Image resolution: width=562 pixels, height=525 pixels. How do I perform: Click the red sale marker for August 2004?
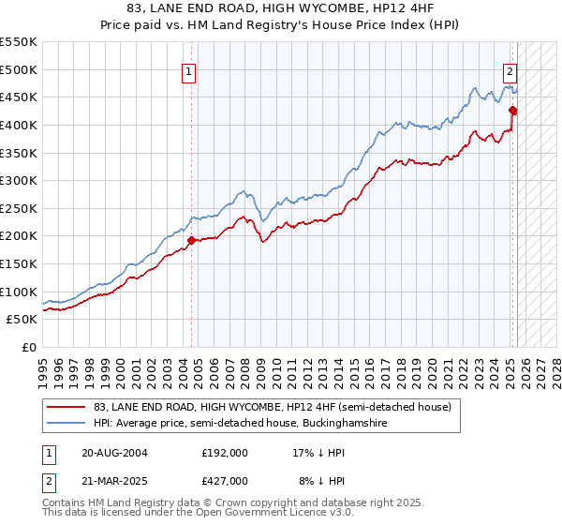[x=192, y=240]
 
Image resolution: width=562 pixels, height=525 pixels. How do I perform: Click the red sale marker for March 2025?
[x=512, y=111]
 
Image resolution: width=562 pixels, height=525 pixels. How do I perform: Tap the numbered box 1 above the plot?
[x=189, y=70]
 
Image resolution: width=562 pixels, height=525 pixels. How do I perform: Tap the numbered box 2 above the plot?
[x=510, y=70]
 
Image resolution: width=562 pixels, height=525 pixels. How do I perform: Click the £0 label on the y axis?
[x=28, y=347]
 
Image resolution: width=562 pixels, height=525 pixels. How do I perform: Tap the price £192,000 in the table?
[x=225, y=452]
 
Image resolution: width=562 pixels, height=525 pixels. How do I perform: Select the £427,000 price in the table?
[x=225, y=480]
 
